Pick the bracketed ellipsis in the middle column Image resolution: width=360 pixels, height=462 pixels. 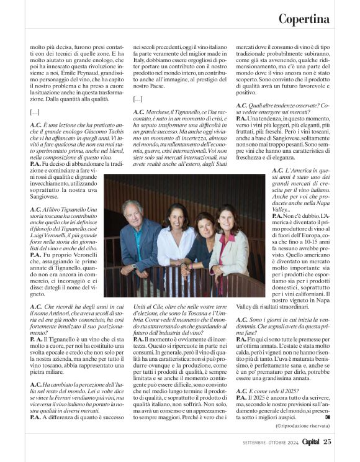pyautogui.click(x=140, y=99)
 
